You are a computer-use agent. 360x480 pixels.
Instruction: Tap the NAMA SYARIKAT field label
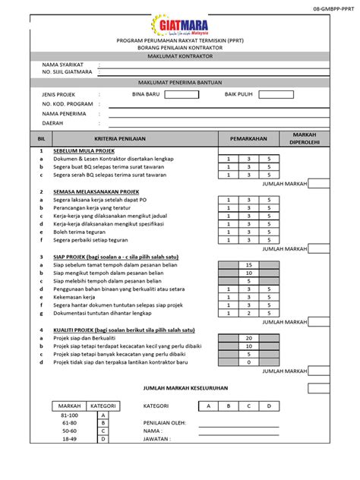pyautogui.click(x=63, y=65)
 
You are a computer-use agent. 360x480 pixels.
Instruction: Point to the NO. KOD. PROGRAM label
pyautogui.click(x=68, y=104)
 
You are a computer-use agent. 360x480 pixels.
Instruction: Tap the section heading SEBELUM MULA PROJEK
pyautogui.click(x=83, y=152)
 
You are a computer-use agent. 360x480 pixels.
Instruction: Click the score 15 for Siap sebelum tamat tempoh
pyautogui.click(x=248, y=264)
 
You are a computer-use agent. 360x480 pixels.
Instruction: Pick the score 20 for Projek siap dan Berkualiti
pyautogui.click(x=248, y=338)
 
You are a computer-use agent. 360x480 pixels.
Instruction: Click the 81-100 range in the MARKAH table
pyautogui.click(x=68, y=415)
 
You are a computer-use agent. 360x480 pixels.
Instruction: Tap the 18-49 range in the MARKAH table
pyautogui.click(x=68, y=439)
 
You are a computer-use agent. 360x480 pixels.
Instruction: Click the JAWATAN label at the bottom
pyautogui.click(x=157, y=439)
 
